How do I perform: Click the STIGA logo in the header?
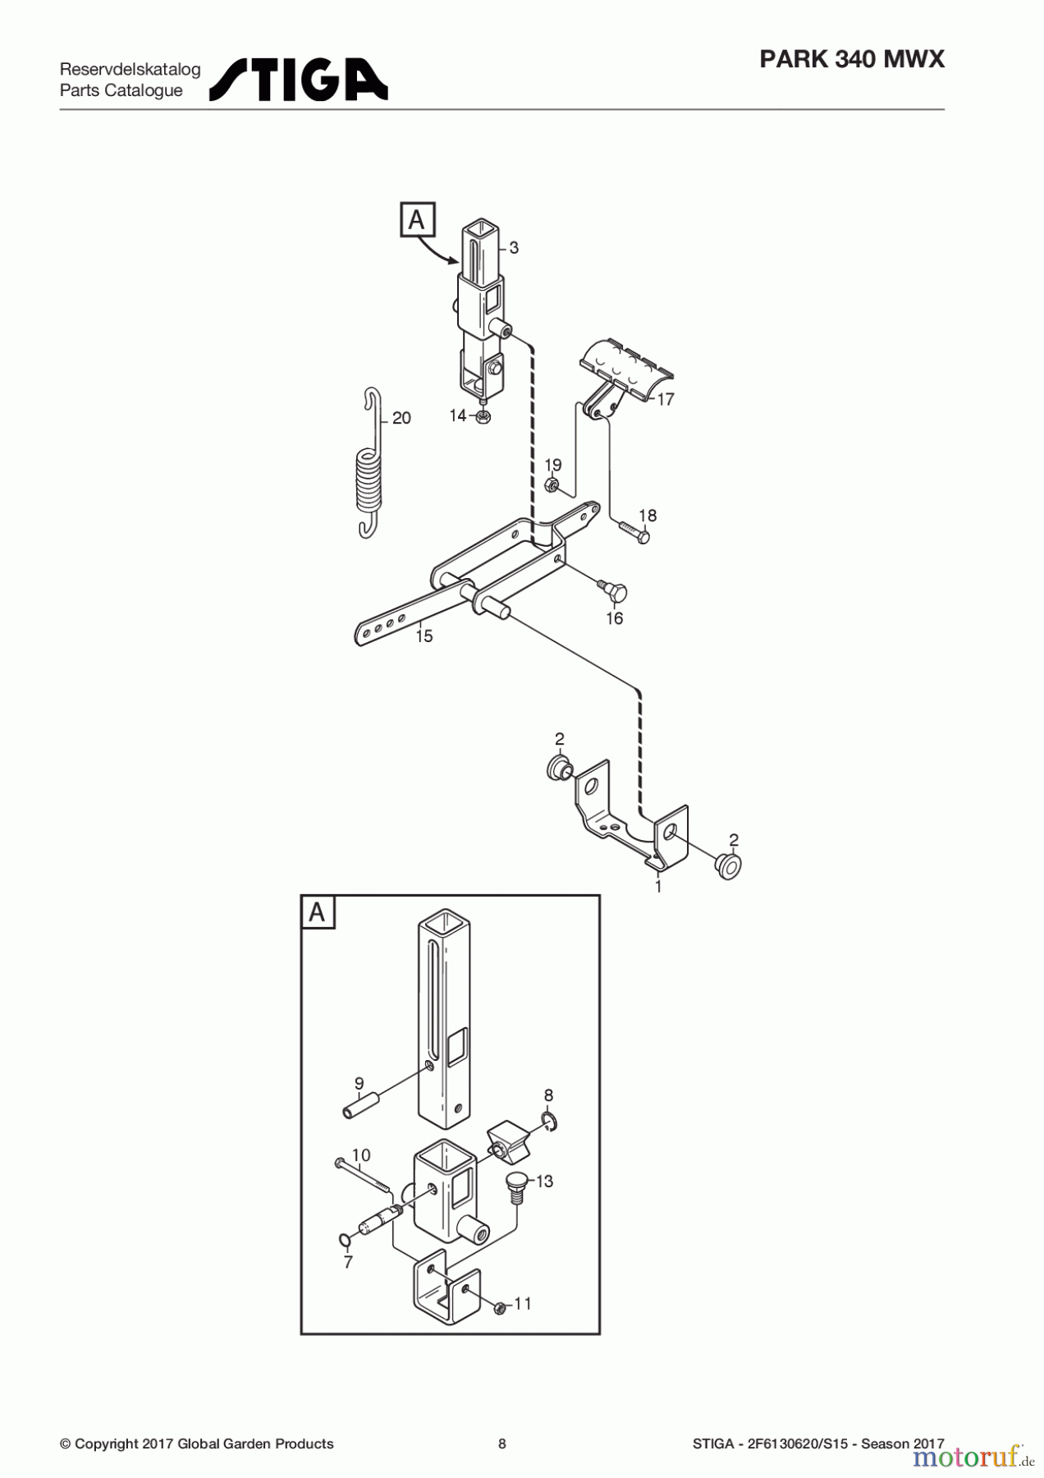(298, 80)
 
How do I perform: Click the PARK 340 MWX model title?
(851, 59)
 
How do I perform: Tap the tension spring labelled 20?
(369, 476)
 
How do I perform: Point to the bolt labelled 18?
(634, 531)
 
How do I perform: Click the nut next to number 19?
(552, 484)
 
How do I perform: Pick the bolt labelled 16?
(613, 590)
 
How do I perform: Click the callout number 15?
(424, 636)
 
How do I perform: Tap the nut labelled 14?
(483, 417)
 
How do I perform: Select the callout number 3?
(514, 247)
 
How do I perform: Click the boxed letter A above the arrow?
(417, 220)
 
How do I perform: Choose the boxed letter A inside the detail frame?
(318, 912)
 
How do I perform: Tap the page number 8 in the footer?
(502, 1444)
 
